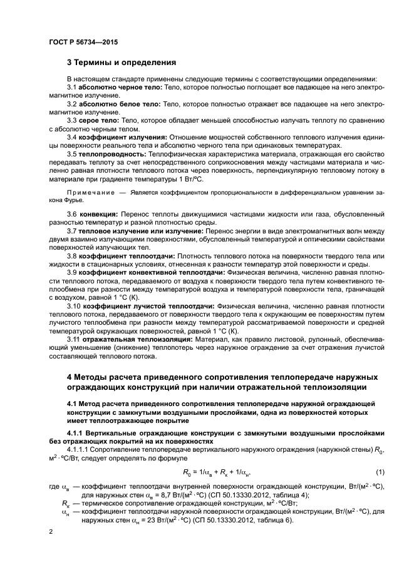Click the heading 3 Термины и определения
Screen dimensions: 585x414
click(x=122, y=63)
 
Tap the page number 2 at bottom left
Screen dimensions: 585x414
click(x=50, y=531)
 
